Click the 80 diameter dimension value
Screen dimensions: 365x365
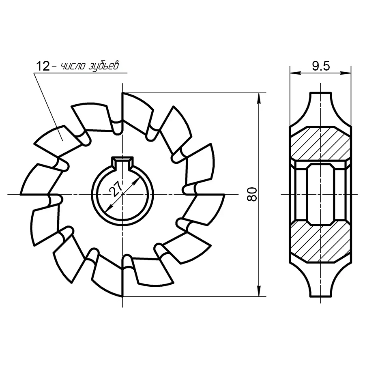[x=252, y=194]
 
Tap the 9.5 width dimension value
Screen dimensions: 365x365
[x=321, y=66]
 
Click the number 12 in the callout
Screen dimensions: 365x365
[x=43, y=66]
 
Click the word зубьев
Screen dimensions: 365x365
[x=103, y=66]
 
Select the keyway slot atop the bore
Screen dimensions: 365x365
[x=122, y=163]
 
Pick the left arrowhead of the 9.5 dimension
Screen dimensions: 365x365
[x=295, y=73]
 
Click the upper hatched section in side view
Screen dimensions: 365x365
[x=320, y=144]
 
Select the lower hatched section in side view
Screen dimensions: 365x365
[x=320, y=242]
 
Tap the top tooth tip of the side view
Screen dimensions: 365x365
[x=320, y=93]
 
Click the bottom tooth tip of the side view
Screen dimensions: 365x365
[x=320, y=296]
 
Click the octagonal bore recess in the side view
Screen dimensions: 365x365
[x=320, y=194]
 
